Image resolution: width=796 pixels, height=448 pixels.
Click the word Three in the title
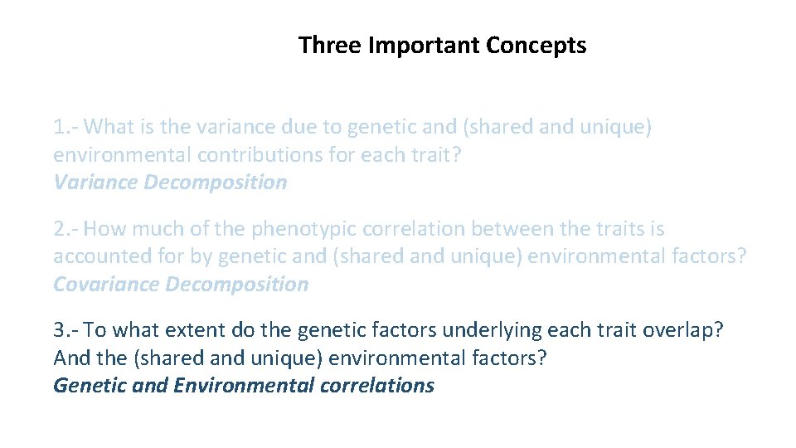[x=329, y=45]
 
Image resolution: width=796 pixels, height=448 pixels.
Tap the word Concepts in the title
[x=536, y=45]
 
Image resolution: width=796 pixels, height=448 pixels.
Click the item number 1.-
[x=66, y=128]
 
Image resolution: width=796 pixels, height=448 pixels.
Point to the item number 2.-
[x=66, y=229]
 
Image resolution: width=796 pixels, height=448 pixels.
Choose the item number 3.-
[x=66, y=330]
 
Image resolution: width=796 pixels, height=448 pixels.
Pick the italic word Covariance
[x=106, y=284]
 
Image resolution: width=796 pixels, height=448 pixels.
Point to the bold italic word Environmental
[x=244, y=385]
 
